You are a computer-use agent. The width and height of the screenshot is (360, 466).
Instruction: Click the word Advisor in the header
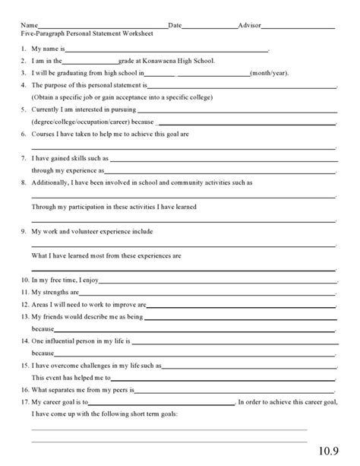click(x=249, y=25)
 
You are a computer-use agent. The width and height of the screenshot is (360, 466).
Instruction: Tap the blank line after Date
click(x=210, y=27)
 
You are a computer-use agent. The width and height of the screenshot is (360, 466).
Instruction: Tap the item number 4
click(x=24, y=86)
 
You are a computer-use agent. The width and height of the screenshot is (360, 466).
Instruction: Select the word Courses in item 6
click(x=44, y=134)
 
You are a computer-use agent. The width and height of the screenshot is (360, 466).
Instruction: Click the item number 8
click(x=24, y=182)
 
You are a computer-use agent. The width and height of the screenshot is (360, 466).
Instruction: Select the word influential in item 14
click(x=67, y=341)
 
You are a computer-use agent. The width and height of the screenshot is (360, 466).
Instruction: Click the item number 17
click(x=24, y=402)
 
